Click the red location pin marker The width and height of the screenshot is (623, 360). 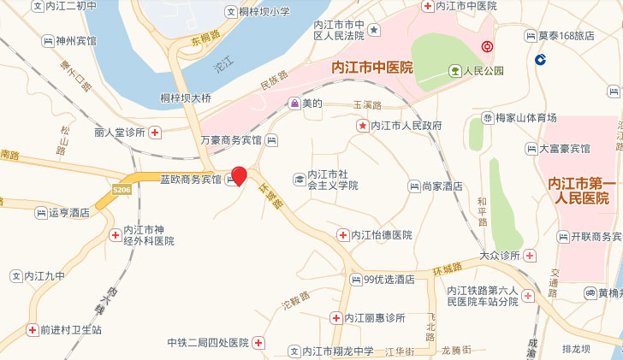[240, 176]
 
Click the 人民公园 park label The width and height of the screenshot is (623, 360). [484, 71]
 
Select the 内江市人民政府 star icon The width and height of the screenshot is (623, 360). [362, 126]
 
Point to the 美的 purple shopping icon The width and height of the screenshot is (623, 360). [294, 103]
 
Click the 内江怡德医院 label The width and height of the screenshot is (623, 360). [382, 234]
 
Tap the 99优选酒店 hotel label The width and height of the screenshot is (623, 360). [389, 279]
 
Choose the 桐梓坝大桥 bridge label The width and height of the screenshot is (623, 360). [180, 98]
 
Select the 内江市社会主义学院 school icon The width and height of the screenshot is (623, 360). [300, 179]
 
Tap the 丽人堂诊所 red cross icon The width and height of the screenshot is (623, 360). [155, 132]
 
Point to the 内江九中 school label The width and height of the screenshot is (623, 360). [44, 276]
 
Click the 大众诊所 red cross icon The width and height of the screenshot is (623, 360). [531, 256]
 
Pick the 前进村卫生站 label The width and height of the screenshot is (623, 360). [71, 329]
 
